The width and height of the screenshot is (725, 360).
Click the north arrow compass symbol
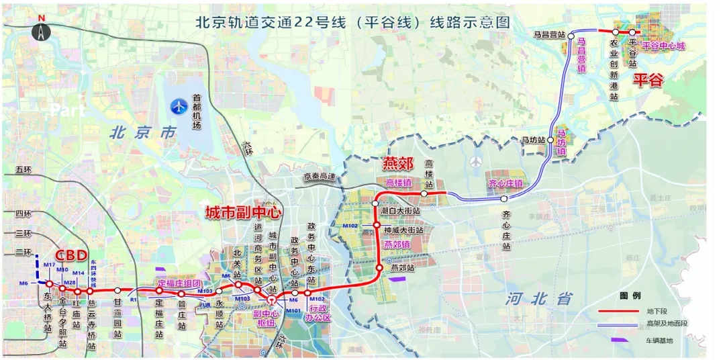42,30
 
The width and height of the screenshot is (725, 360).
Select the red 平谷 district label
648,81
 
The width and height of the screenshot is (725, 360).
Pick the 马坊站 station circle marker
550,140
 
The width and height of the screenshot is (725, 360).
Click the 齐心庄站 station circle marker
503,199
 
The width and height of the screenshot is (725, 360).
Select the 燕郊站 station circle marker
379,268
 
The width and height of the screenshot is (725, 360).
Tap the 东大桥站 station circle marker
49,285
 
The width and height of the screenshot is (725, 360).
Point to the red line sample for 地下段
617,311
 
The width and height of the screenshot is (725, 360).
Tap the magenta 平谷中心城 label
663,46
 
